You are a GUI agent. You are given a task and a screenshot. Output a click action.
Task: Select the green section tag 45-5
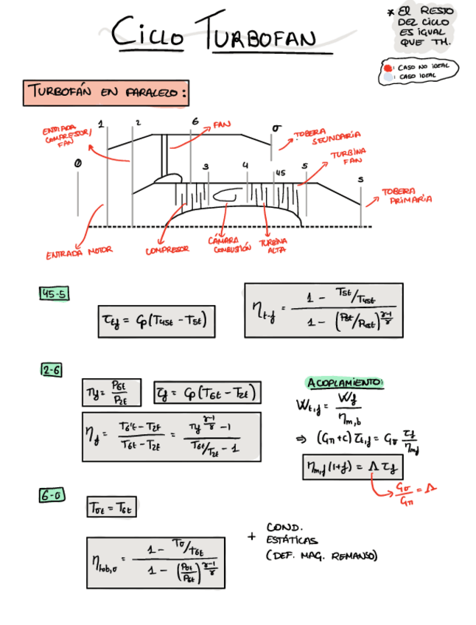tap(54, 294)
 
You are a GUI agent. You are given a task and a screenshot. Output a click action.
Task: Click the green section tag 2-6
tap(51, 371)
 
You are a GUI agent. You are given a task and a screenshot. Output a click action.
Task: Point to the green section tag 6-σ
tap(51, 497)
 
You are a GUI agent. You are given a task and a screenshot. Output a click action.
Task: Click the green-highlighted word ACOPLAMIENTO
tap(345, 383)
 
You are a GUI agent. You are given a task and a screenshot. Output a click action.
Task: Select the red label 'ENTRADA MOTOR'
tap(79, 253)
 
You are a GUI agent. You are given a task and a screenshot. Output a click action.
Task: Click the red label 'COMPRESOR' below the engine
tap(167, 249)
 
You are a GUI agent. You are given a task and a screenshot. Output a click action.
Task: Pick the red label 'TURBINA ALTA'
tap(272, 247)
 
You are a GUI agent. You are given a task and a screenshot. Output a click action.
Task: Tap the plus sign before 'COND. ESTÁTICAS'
tap(252, 536)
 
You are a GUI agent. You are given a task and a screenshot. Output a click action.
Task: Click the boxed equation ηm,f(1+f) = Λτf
tap(352, 467)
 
